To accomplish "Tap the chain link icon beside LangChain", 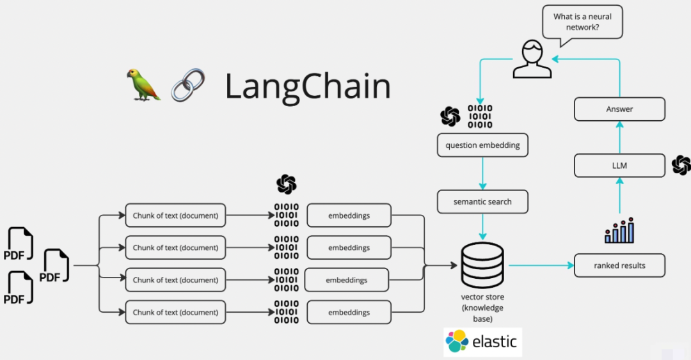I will click(187, 85).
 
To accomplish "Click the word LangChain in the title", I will click(308, 87).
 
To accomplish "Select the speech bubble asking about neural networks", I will click(582, 23).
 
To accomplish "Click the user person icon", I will click(531, 59).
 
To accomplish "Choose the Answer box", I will click(619, 109).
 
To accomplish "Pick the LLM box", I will click(619, 166).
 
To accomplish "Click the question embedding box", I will click(482, 145).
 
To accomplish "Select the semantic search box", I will click(482, 201).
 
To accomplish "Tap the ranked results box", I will click(619, 265).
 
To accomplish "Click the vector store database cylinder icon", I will click(482, 265).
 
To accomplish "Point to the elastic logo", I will click(482, 341).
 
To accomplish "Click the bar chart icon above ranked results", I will click(619, 230).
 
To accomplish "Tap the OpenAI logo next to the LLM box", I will click(681, 165).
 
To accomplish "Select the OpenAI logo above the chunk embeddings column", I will click(286, 184).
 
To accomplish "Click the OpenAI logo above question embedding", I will click(450, 116).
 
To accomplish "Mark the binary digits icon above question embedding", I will click(481, 116).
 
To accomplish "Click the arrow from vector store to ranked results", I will click(541, 265).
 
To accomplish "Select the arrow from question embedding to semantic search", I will click(482, 173).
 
